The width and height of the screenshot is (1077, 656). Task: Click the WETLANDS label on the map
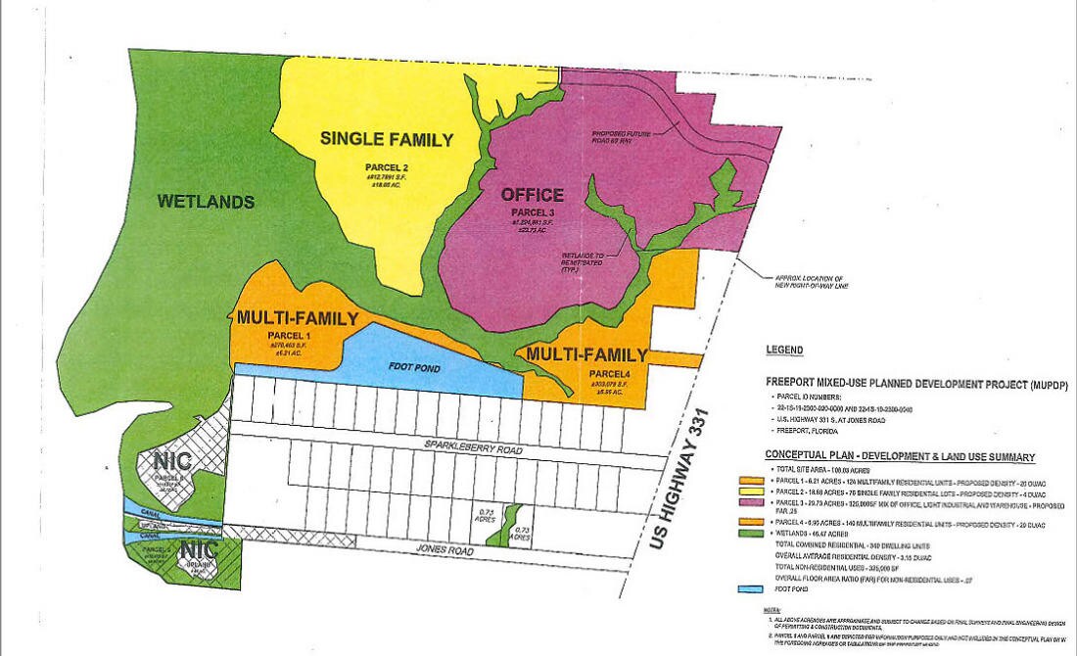pos(206,202)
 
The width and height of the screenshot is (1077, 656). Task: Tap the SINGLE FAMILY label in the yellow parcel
pos(387,139)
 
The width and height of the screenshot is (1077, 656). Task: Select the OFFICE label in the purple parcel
pos(533,194)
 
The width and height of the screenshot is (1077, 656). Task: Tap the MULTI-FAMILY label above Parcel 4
pos(587,353)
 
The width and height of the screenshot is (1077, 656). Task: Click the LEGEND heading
pos(785,350)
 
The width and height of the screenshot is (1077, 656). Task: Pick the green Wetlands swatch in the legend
pos(750,533)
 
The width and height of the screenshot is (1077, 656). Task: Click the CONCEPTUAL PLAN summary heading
pos(900,457)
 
